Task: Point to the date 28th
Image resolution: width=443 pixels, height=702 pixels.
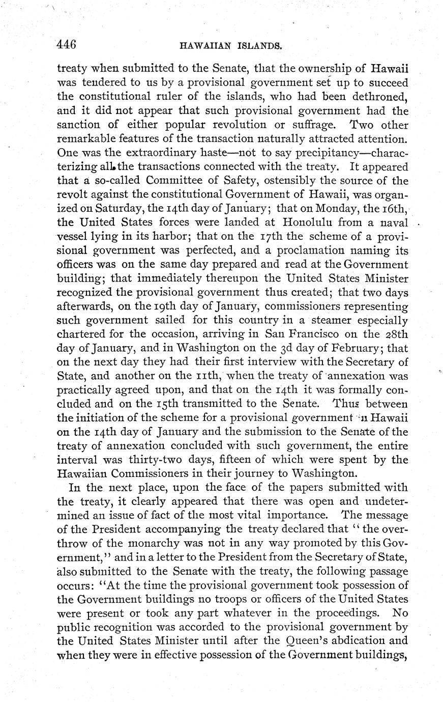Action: pos(395,335)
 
